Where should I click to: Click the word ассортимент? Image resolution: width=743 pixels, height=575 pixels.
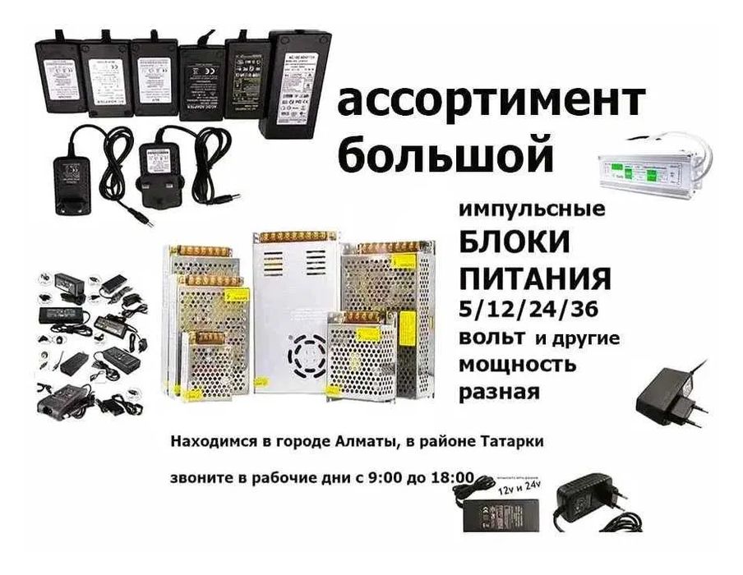pyautogui.click(x=491, y=102)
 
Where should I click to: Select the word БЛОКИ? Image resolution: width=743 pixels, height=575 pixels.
pyautogui.click(x=515, y=244)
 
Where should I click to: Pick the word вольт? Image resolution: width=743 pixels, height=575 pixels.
pyautogui.click(x=490, y=338)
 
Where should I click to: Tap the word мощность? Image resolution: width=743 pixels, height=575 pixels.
pyautogui.click(x=517, y=363)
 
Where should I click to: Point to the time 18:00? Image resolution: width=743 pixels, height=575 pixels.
pyautogui.click(x=447, y=477)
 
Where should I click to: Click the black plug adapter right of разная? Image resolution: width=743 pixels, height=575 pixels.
pyautogui.click(x=674, y=394)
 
